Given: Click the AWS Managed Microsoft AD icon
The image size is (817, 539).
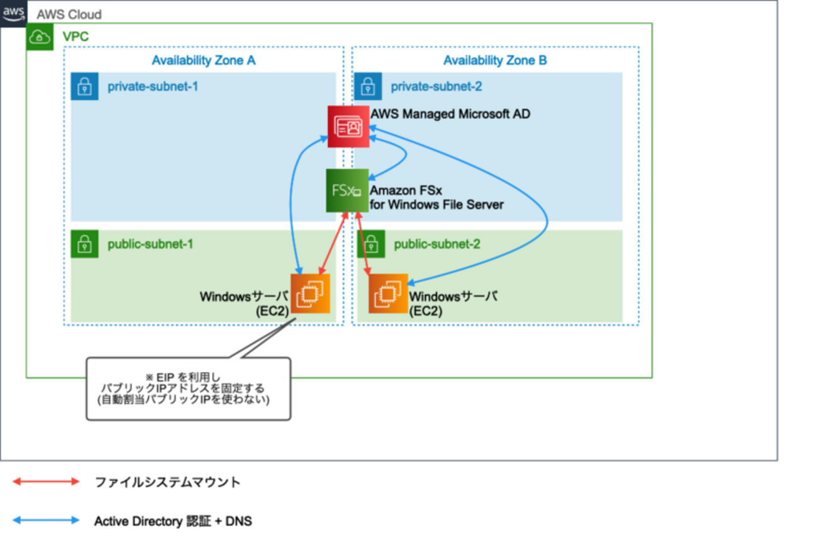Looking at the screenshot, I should (347, 126).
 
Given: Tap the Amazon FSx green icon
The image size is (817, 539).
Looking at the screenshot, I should (347, 190).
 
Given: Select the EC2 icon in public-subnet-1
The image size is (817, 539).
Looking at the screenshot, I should (310, 293).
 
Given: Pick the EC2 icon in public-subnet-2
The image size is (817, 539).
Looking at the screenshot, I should (388, 294).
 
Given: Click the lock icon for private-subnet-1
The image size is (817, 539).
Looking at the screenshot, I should (84, 86).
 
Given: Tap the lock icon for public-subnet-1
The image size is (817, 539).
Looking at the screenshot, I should (84, 244).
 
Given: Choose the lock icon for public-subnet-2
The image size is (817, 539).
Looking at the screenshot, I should (370, 244).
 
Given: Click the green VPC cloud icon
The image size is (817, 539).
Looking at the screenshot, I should (40, 37).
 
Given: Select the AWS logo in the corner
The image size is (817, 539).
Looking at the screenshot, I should (13, 13).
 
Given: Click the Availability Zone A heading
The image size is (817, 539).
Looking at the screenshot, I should (204, 60).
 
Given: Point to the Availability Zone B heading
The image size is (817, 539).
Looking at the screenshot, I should (495, 60).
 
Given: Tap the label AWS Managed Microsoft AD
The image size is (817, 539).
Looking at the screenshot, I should (450, 114).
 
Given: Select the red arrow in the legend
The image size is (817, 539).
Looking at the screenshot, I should (47, 482).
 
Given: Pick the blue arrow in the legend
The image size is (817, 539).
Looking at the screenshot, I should (47, 521).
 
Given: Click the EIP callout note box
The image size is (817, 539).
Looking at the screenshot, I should (189, 389).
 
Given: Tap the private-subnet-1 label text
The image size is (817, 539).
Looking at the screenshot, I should (153, 86).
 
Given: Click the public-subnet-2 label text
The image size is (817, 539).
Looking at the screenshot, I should (437, 244).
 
